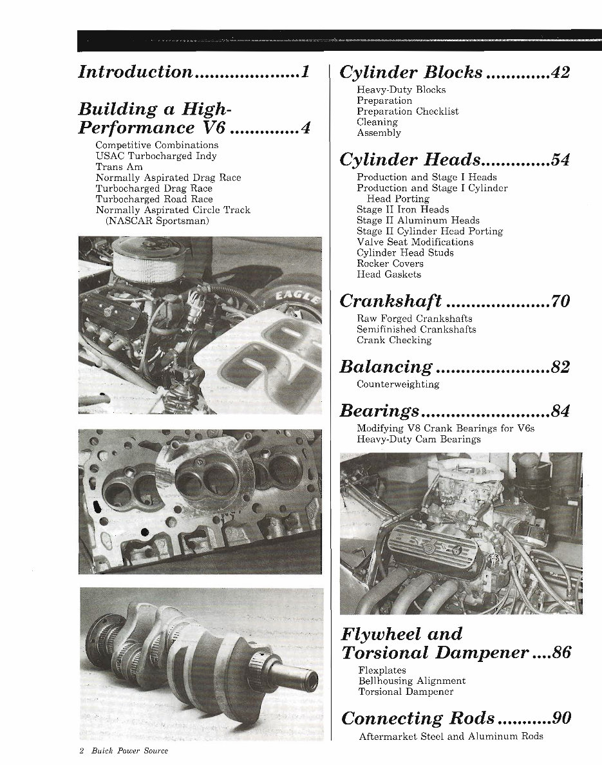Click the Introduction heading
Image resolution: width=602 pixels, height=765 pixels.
coord(135,71)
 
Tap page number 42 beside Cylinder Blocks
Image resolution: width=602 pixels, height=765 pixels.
coord(560,72)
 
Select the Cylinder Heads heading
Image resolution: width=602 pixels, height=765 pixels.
coord(409,159)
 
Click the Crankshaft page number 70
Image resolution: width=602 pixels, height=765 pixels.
coord(560,301)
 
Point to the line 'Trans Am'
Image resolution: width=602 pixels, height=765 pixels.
coord(119,167)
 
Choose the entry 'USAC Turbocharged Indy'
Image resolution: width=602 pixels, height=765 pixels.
coord(156,156)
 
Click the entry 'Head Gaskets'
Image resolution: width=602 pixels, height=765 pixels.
coord(389,274)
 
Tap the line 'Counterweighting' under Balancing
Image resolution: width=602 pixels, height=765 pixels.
coord(398,384)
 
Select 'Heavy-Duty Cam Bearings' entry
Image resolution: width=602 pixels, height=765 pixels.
coord(419,439)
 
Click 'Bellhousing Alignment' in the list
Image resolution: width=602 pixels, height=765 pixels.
coord(412,681)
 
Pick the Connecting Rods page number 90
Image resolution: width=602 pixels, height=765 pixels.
coord(561,718)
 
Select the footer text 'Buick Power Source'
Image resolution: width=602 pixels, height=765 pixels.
coord(129,751)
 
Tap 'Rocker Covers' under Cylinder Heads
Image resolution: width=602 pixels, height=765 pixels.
coord(390,263)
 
